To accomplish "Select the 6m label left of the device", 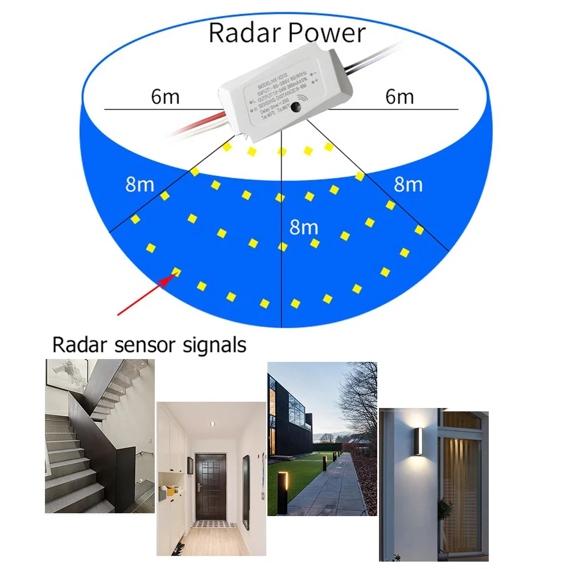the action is pyautogui.click(x=165, y=97).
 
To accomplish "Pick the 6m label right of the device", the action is pyautogui.click(x=399, y=97).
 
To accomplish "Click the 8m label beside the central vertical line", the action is pyautogui.click(x=303, y=227).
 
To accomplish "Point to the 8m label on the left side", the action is pyautogui.click(x=139, y=185).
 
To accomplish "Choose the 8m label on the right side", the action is pyautogui.click(x=408, y=184).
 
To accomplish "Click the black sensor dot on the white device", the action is pyautogui.click(x=296, y=109).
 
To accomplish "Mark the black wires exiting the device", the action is pyautogui.click(x=370, y=57).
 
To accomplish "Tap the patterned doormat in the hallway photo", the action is pyautogui.click(x=211, y=524).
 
